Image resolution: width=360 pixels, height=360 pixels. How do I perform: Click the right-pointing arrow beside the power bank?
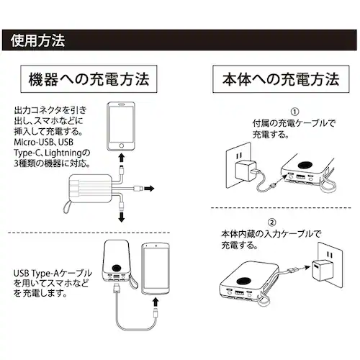[x=149, y=189]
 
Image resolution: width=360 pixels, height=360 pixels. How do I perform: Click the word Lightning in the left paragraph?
[x=67, y=153]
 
